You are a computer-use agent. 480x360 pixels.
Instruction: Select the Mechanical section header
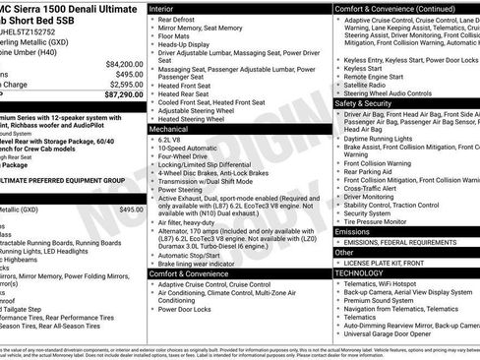[175, 129]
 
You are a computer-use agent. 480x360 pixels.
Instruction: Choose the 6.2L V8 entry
[172, 142]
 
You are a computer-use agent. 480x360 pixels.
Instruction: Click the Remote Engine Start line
[375, 76]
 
